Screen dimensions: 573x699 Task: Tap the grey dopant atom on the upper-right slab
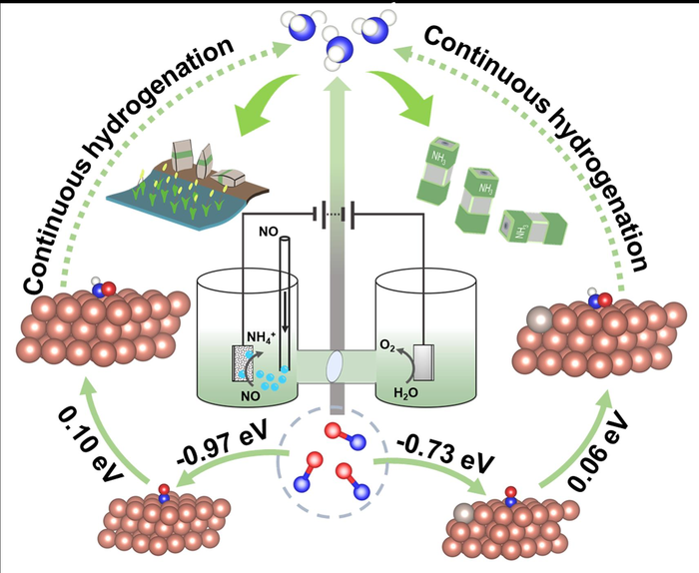(547, 320)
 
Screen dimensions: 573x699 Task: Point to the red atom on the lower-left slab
(165, 491)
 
